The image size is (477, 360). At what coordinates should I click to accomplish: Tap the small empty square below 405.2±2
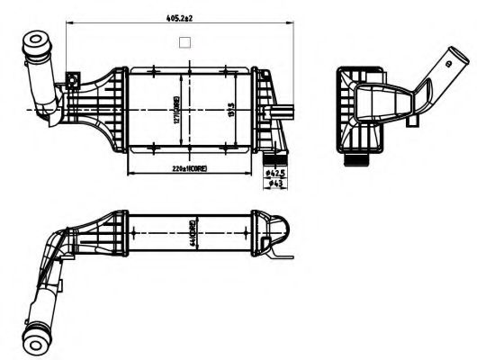[185, 41]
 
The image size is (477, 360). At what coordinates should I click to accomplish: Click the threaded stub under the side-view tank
[355, 160]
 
